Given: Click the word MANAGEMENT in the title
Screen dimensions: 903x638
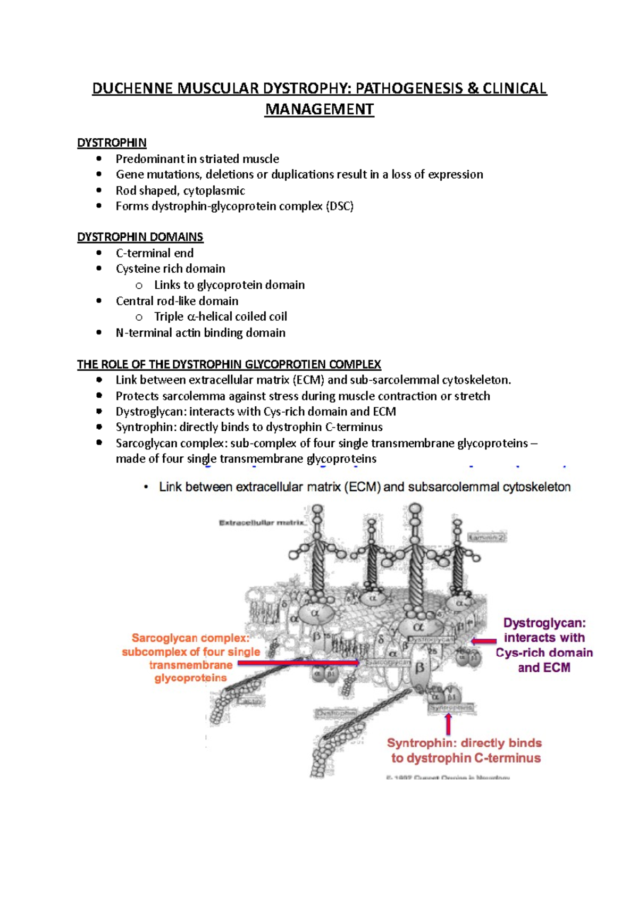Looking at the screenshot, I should [319, 110].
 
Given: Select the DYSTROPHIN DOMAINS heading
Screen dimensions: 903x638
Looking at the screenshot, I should [140, 237].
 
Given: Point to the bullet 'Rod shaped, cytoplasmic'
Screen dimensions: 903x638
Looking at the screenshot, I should [180, 190].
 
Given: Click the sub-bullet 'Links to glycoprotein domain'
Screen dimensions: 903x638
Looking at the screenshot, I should [229, 285].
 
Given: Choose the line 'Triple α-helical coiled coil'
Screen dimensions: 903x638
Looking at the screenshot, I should [220, 317].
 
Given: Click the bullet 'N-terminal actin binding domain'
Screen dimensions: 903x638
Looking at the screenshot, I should [200, 333].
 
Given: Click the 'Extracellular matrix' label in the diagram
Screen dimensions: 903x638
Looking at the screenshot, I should [262, 523].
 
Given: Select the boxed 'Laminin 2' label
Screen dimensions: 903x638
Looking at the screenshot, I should [486, 538].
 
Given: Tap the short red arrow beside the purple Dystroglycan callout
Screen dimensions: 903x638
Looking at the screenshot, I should [483, 641].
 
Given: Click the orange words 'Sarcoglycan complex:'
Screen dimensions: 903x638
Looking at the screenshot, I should [190, 638].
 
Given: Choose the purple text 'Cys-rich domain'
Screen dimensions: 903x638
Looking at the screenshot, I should [544, 653].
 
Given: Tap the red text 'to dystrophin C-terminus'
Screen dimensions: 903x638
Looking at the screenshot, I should [466, 758].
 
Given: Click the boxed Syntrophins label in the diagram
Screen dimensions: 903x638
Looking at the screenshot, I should [451, 708].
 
